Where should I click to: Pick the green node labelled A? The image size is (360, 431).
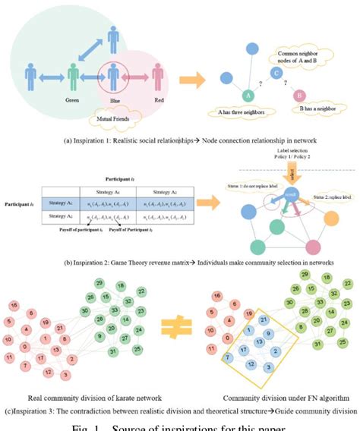(x=248, y=96)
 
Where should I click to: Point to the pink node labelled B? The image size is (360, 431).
(x=300, y=96)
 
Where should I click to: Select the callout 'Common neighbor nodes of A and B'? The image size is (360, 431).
(x=301, y=54)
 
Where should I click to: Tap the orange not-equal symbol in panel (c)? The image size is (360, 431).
(x=179, y=327)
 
